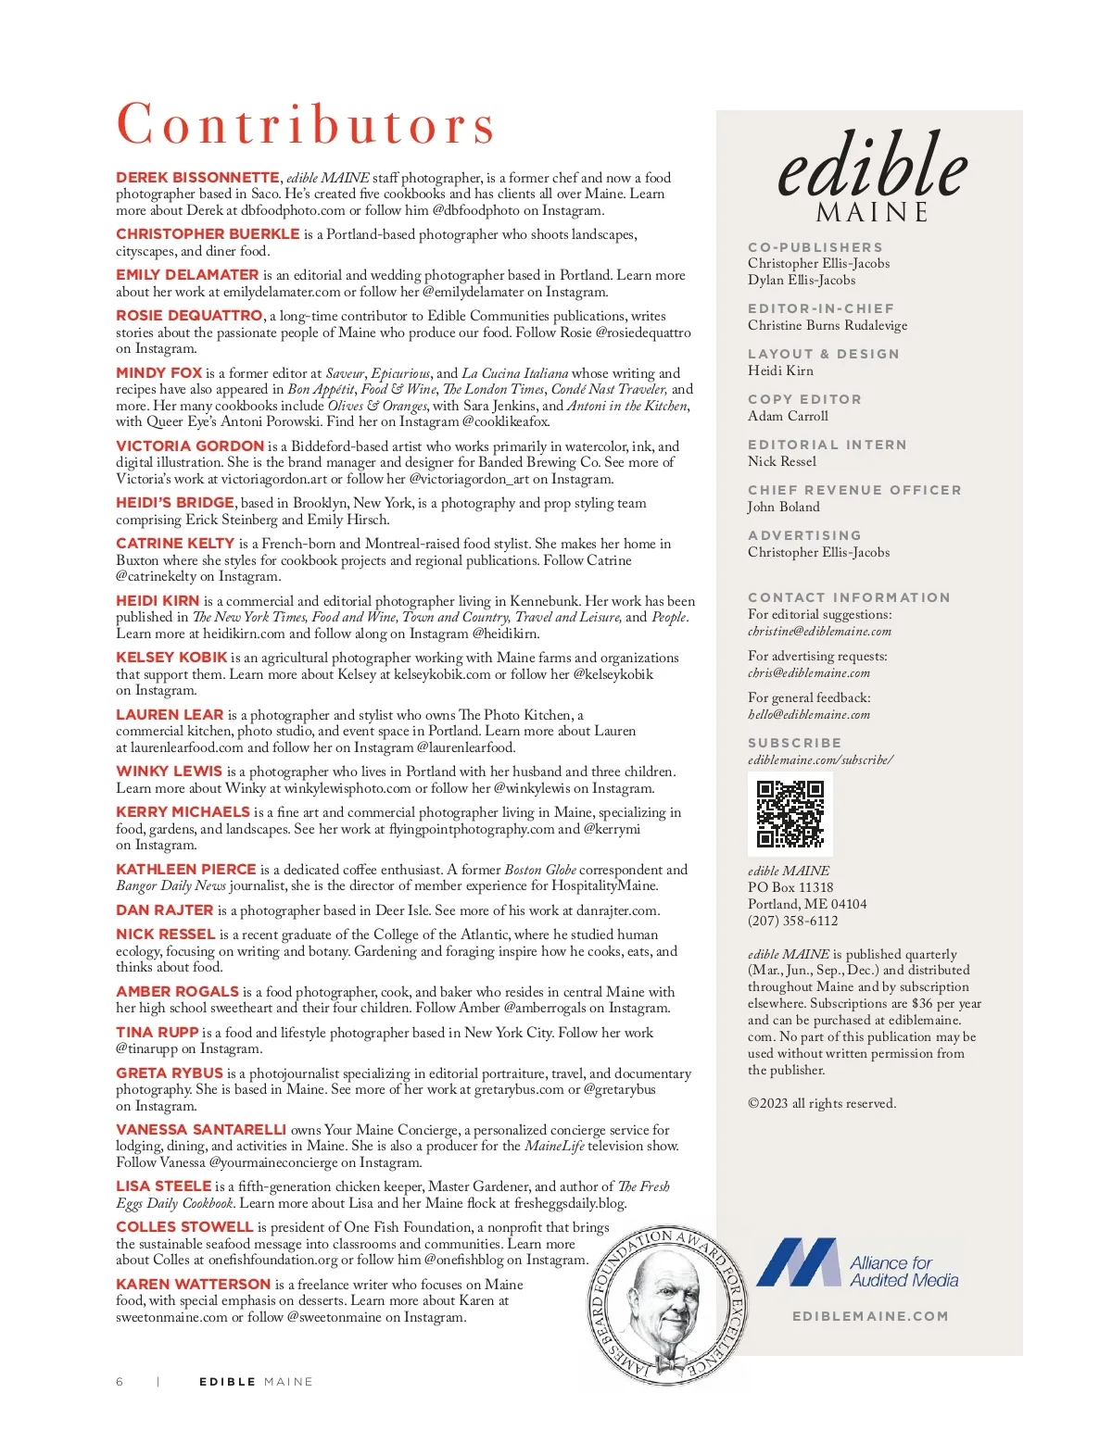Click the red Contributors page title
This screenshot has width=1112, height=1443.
306,124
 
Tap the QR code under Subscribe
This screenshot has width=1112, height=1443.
790,814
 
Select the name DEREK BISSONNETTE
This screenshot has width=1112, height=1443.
197,178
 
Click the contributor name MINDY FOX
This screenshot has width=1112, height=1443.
158,372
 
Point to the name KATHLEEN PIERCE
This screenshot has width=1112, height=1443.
185,870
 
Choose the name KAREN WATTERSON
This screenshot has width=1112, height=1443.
193,1284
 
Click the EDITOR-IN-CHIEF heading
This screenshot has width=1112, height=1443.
821,308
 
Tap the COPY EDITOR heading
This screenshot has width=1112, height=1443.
804,399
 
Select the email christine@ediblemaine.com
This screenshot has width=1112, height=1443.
819,632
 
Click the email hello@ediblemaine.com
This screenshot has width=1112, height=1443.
808,715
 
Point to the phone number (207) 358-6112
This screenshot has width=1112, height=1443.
792,921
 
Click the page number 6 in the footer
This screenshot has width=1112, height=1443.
120,1382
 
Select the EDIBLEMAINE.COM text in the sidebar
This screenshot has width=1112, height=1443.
870,1316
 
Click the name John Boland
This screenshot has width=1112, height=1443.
783,507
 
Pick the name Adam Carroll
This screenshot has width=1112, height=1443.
788,416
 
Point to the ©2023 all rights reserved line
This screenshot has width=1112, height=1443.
822,1103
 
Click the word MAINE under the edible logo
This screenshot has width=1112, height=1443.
871,213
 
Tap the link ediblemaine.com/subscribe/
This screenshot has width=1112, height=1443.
820,760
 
